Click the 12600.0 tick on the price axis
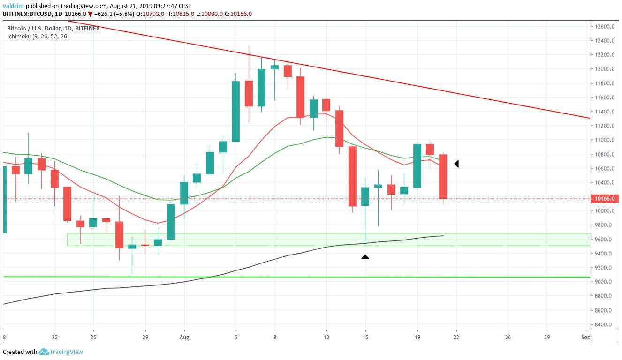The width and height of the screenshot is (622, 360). [x=605, y=27]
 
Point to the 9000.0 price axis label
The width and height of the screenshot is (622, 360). [x=605, y=282]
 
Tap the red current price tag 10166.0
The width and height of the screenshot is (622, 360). [x=605, y=199]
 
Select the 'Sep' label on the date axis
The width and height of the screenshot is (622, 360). [x=585, y=337]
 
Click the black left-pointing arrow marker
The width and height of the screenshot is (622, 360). [x=456, y=164]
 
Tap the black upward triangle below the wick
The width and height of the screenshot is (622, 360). [x=365, y=257]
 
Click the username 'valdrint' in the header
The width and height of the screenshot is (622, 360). [x=14, y=6]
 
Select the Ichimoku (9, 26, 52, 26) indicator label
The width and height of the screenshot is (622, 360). [x=38, y=36]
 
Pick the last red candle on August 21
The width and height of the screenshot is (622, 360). [x=443, y=176]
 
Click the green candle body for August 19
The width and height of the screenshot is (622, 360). [x=417, y=165]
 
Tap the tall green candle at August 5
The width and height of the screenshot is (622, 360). [x=236, y=111]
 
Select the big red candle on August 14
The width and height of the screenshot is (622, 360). [x=352, y=176]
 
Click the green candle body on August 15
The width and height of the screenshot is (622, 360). [x=365, y=196]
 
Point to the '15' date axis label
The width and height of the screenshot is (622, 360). [x=365, y=337]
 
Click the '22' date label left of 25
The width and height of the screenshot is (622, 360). [x=54, y=337]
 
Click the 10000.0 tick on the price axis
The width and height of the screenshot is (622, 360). [x=605, y=211]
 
